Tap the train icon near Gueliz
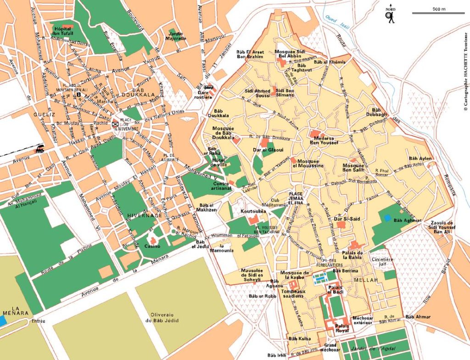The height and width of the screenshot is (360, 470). click(x=40, y=149)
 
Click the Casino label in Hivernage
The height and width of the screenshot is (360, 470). click(x=153, y=247)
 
